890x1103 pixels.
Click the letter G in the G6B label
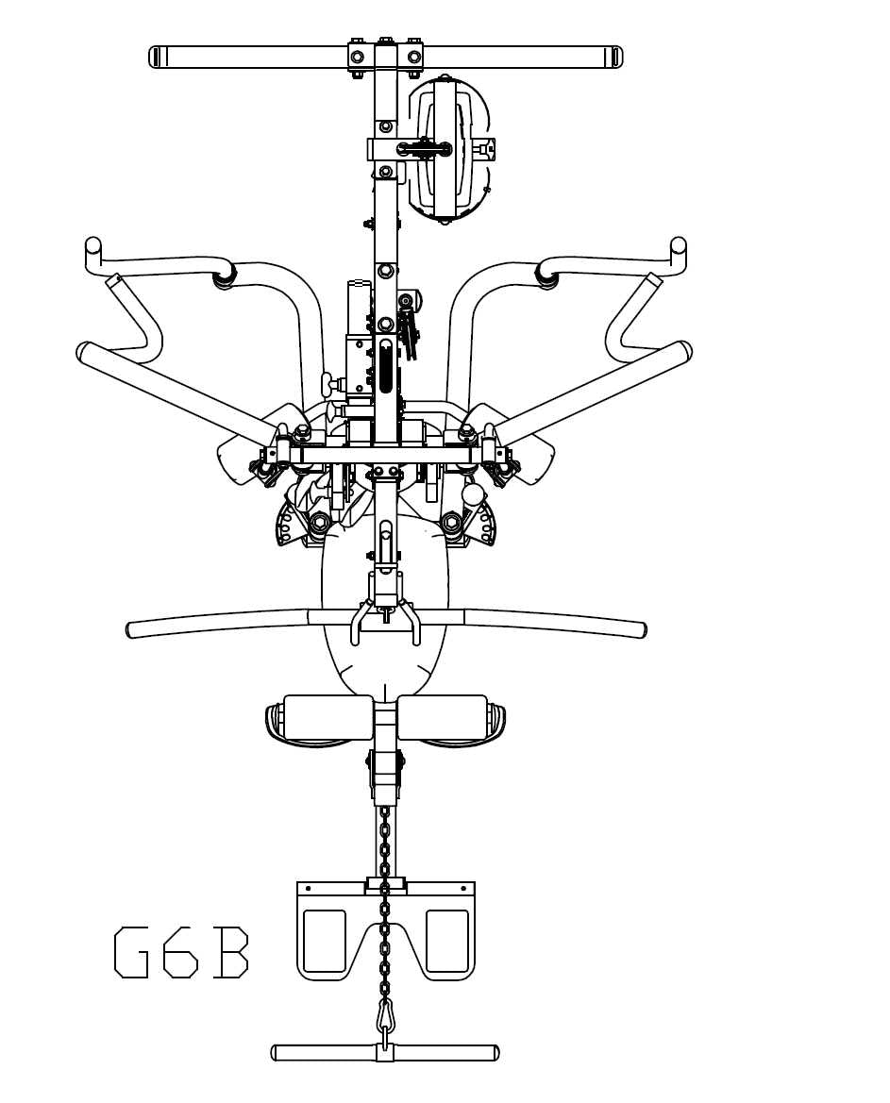[131, 952]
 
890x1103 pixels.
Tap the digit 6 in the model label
[180, 952]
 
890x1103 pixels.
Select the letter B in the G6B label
[230, 952]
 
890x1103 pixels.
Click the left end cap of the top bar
[156, 58]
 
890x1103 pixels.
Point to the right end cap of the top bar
[616, 58]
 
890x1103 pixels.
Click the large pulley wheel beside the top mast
[449, 149]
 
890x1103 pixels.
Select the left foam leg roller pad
[327, 717]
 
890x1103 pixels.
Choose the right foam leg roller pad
[442, 717]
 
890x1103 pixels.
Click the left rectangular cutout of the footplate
[326, 941]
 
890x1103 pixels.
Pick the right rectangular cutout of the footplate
[446, 941]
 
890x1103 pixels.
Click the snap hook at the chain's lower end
[385, 1016]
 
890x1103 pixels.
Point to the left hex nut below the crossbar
[320, 522]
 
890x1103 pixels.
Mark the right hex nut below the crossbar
[451, 522]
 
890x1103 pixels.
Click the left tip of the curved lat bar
[132, 629]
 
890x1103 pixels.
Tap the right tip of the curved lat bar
[642, 629]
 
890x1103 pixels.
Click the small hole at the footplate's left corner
[308, 889]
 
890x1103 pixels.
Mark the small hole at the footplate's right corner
[463, 889]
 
